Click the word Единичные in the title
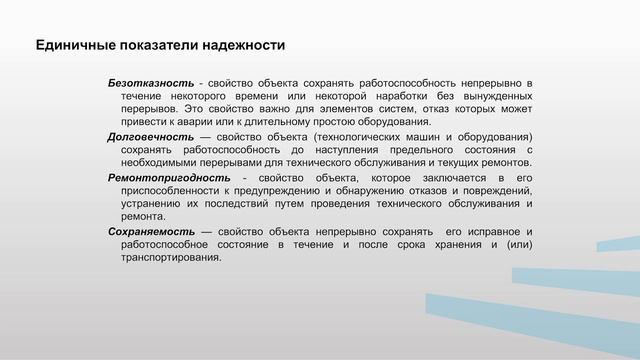click(69, 46)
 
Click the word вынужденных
click(487, 94)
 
